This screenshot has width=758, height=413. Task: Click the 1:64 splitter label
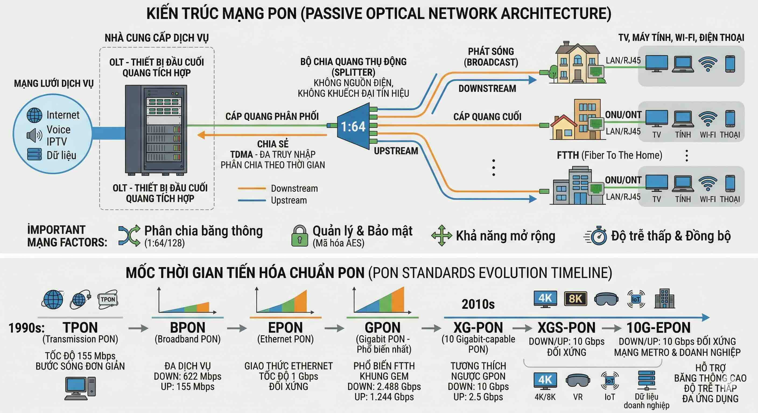pyautogui.click(x=353, y=126)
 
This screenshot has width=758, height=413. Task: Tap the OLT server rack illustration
pyautogui.click(x=156, y=130)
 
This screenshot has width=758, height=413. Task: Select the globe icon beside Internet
pyautogui.click(x=34, y=115)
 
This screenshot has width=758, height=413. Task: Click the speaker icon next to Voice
pyautogui.click(x=34, y=135)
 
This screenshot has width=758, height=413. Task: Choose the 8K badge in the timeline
pyautogui.click(x=575, y=299)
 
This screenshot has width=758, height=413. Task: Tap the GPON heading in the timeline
pyautogui.click(x=382, y=327)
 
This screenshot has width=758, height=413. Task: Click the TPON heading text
pyautogui.click(x=80, y=327)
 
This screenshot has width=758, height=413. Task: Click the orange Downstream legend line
pyautogui.click(x=252, y=188)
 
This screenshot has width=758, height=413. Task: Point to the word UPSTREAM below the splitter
pyautogui.click(x=396, y=151)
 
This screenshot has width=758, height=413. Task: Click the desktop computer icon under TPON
pyautogui.click(x=80, y=388)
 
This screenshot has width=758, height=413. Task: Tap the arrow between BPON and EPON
pyautogui.click(x=237, y=328)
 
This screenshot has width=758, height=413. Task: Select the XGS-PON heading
pyautogui.click(x=566, y=327)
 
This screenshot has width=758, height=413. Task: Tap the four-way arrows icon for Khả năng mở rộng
pyautogui.click(x=441, y=236)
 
